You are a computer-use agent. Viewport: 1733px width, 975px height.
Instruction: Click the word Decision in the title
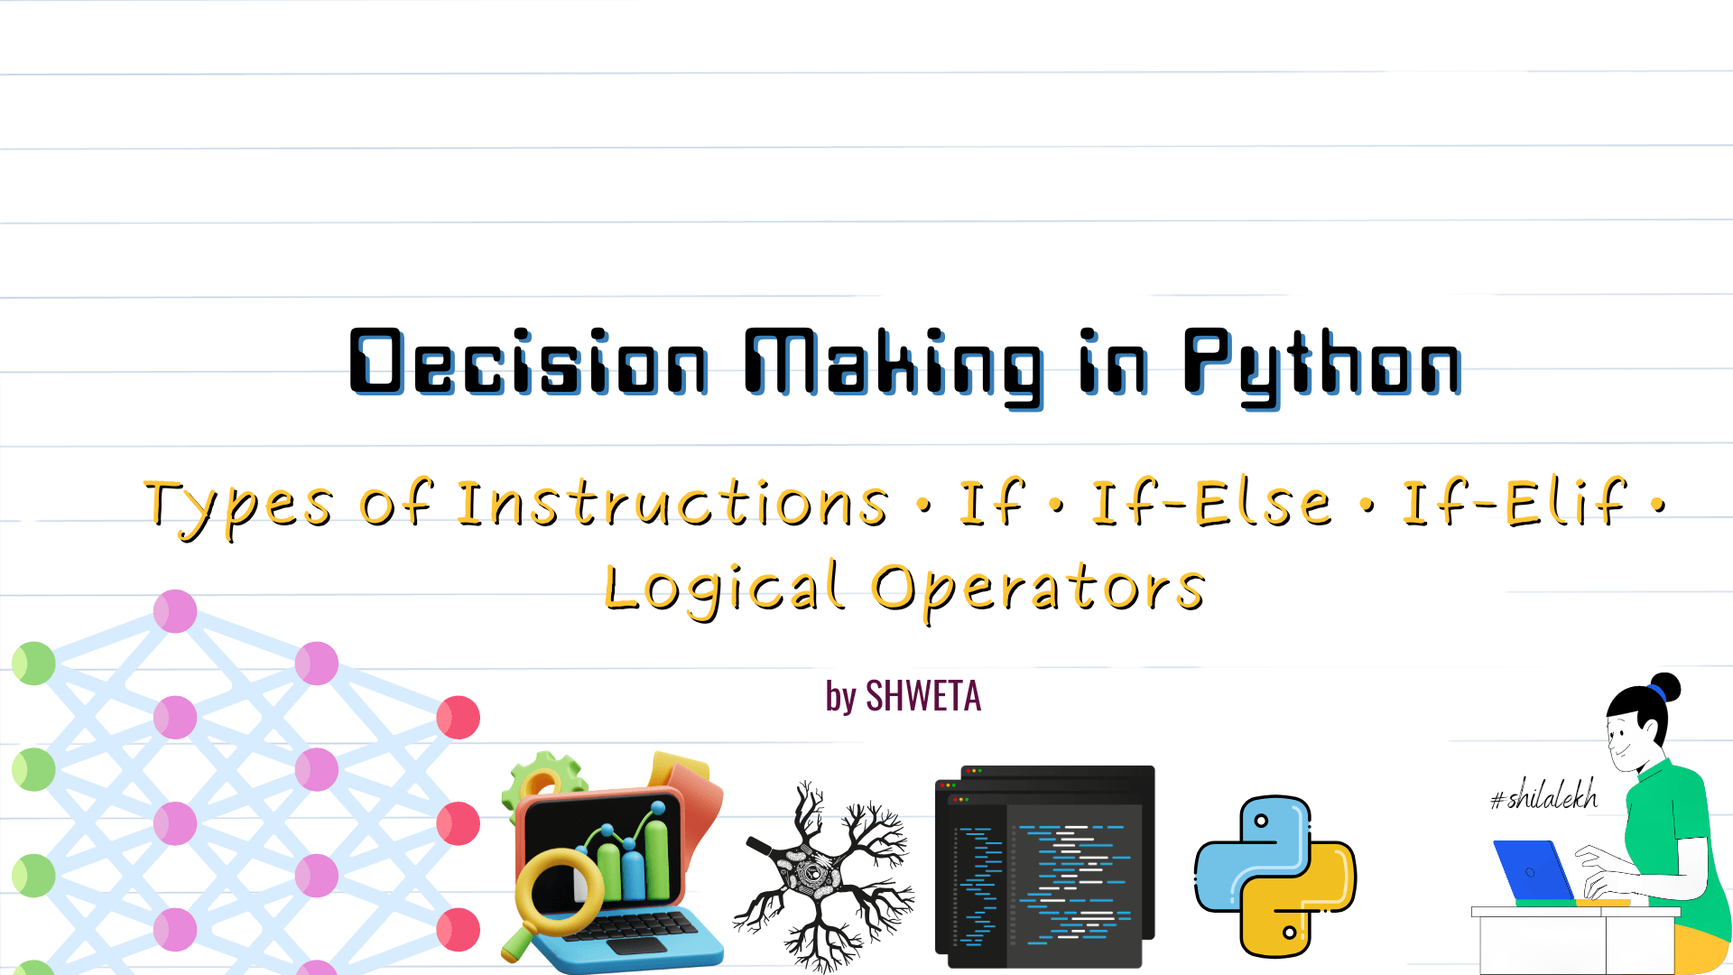(x=529, y=361)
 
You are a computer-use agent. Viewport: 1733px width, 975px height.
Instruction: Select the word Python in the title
(x=1322, y=366)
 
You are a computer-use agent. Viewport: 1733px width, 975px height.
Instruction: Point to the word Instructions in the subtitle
(x=673, y=503)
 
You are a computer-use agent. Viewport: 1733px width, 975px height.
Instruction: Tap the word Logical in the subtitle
(x=725, y=589)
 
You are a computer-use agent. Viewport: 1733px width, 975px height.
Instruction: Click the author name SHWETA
(x=923, y=696)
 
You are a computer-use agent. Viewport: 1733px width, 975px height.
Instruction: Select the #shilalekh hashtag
(x=1543, y=794)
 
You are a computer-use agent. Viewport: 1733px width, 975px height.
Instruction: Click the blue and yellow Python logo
(x=1275, y=877)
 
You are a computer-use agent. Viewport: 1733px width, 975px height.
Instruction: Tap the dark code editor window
(x=1045, y=867)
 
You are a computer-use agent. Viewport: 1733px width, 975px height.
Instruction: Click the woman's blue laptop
(x=1534, y=871)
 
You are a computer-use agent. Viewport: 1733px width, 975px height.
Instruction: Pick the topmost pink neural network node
(x=175, y=611)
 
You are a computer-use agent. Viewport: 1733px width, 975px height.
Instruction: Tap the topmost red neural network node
(x=459, y=718)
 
